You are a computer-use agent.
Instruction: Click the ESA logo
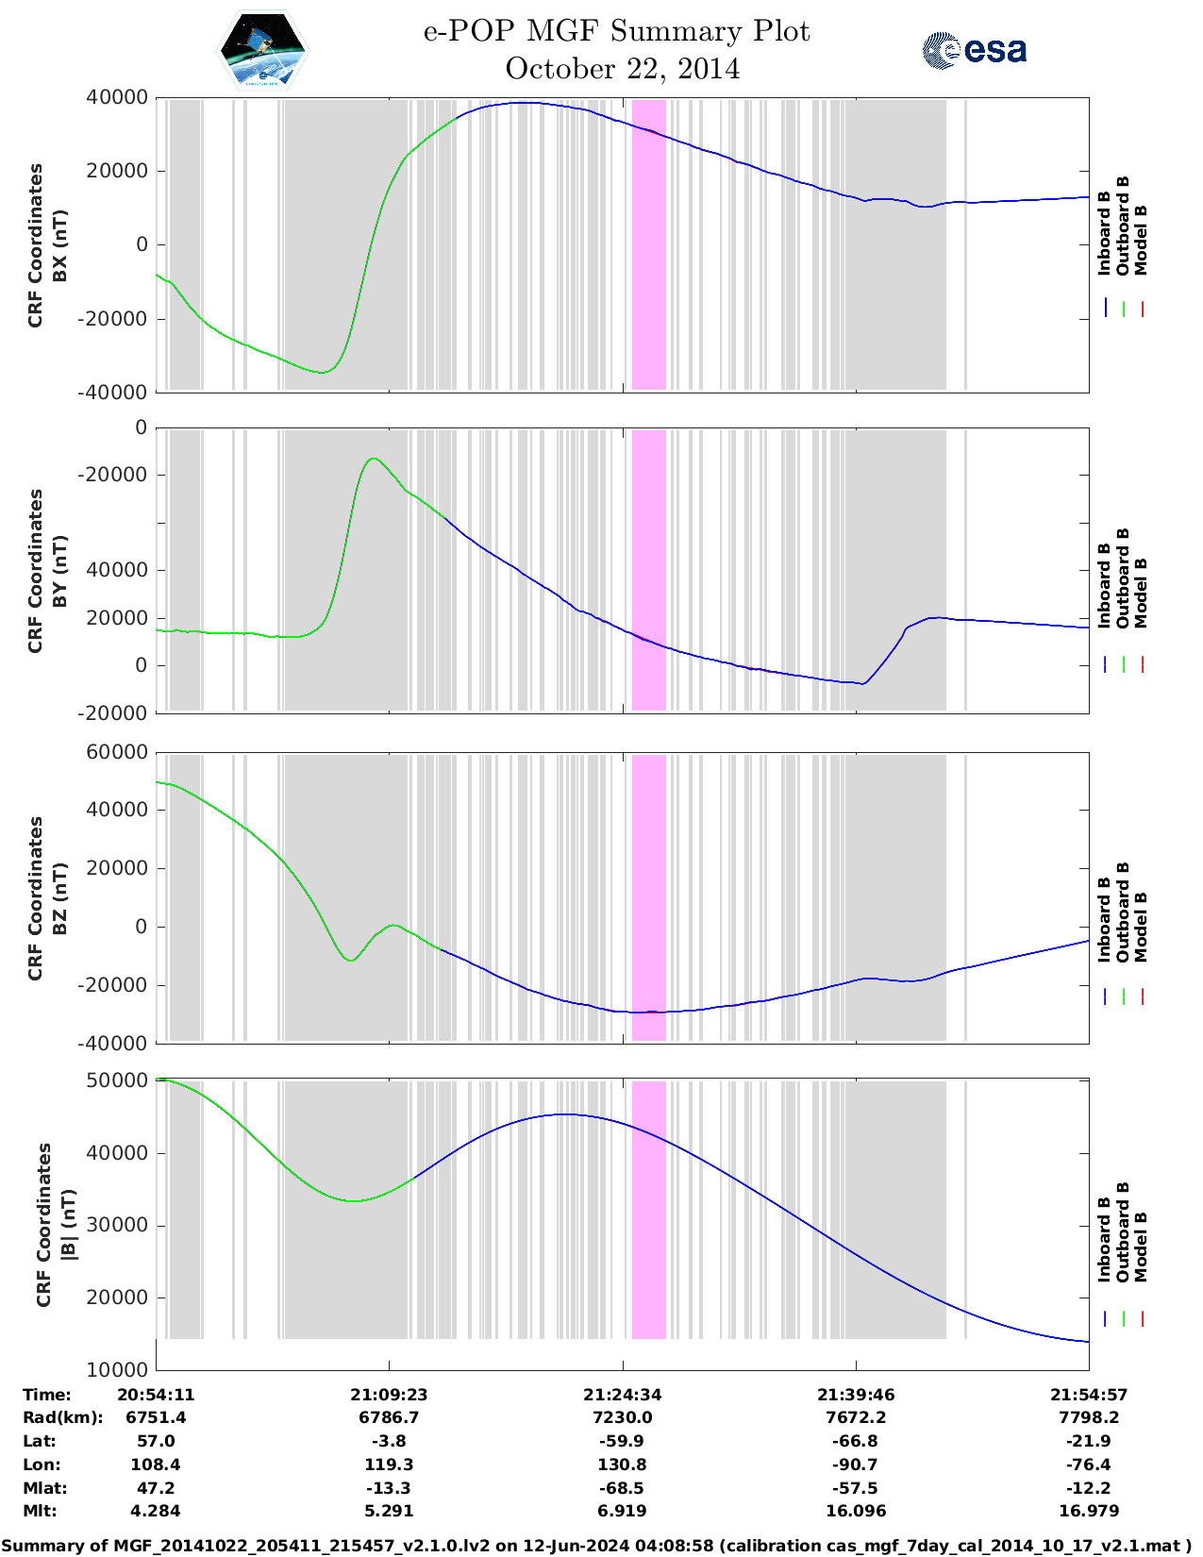[x=974, y=50]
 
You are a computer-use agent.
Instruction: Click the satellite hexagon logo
[x=263, y=49]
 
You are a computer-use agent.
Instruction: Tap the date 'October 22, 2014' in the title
[x=622, y=69]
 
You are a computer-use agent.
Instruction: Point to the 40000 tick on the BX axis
[x=116, y=97]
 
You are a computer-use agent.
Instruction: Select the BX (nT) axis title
[x=59, y=245]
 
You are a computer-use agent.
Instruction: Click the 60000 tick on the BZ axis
[x=116, y=752]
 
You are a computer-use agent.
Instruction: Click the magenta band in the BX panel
[x=648, y=243]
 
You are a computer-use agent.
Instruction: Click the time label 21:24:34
[x=622, y=1395]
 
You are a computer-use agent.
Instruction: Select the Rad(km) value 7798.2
[x=1089, y=1417]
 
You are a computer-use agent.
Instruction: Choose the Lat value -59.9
[x=622, y=1441]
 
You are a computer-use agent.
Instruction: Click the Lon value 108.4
[x=156, y=1465]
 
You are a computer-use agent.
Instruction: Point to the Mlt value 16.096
[x=856, y=1511]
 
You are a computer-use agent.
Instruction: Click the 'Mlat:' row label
[x=46, y=1488]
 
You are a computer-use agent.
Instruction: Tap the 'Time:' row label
[x=46, y=1395]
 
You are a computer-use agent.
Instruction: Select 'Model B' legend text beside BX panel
[x=1141, y=240]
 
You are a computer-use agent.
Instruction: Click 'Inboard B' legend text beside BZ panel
[x=1104, y=920]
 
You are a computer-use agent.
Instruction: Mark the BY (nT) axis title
[x=59, y=571]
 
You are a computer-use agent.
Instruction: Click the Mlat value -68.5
[x=622, y=1488]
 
